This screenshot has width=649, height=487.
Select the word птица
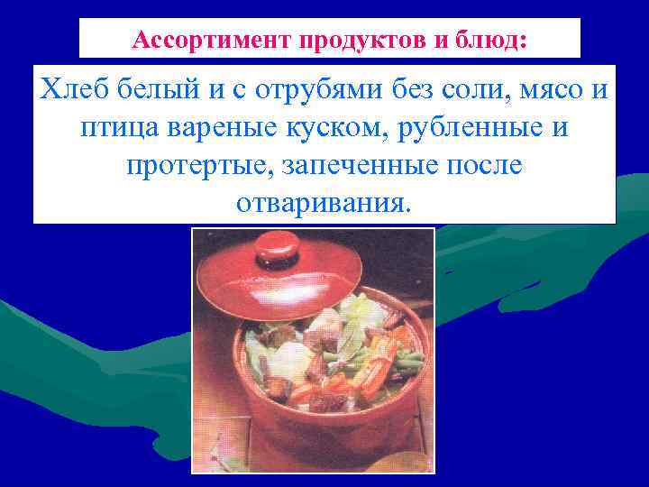(x=117, y=128)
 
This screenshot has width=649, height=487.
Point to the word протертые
(x=198, y=165)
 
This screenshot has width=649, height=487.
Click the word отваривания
(x=323, y=202)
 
